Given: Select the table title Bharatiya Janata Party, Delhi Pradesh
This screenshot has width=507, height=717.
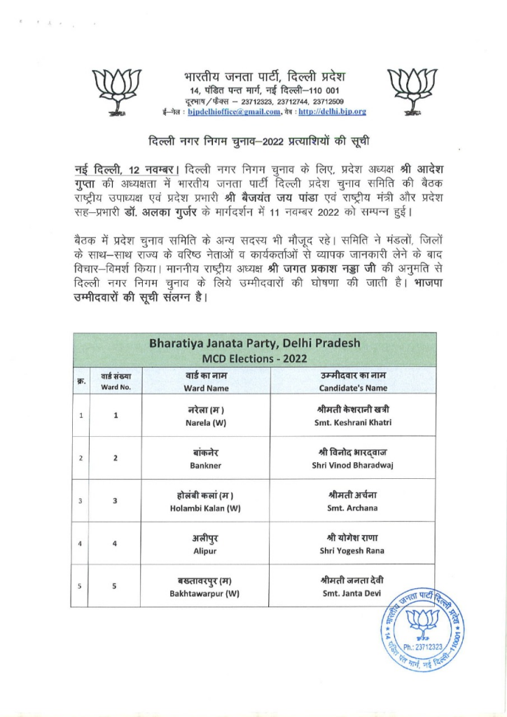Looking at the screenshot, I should click(254, 344).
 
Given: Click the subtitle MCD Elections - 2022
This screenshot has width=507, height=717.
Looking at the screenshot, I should click(254, 358).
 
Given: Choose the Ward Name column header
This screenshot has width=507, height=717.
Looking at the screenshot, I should click(206, 382).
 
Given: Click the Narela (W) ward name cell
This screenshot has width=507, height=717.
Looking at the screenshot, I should click(206, 416).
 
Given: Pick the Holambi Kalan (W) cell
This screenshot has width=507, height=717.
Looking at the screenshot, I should click(206, 501).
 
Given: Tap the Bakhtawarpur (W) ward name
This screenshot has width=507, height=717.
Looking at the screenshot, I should click(206, 586).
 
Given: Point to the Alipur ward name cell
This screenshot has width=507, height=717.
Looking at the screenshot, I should click(206, 543).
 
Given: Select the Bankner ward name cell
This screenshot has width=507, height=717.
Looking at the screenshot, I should click(206, 458).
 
